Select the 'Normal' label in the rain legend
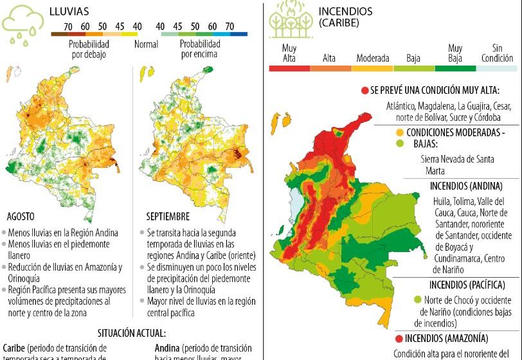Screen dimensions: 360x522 coord(146,45)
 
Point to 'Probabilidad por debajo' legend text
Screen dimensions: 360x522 coord(89,50)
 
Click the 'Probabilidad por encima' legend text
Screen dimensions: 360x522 coord(199,50)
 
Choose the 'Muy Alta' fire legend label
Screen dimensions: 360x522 coord(289,53)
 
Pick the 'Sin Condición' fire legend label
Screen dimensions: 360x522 coord(497,53)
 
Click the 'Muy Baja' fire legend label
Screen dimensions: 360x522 coord(455,53)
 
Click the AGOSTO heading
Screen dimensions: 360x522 coord(21,217)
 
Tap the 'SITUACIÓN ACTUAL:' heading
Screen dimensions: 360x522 coord(131,333)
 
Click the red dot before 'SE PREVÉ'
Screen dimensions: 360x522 coord(364,90)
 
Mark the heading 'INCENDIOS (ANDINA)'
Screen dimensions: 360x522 coord(465,186)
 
